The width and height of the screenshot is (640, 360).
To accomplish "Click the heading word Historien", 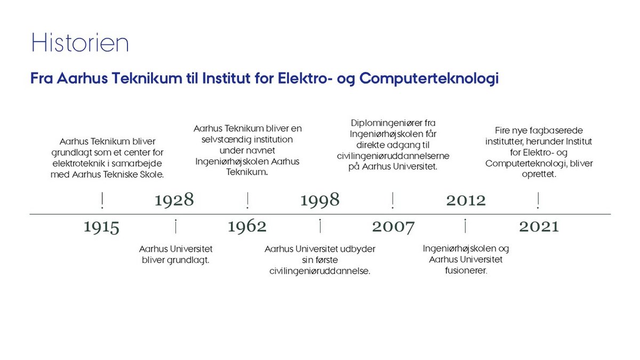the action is coord(80,43).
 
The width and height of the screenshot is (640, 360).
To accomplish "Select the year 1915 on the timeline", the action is coord(101,227).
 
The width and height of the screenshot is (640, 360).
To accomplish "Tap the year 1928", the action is coord(174,199).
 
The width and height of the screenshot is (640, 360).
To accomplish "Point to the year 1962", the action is coord(247,227).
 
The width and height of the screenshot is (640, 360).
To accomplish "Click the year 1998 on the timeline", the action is coord(320,199).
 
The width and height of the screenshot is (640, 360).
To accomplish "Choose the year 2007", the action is coord(393,227).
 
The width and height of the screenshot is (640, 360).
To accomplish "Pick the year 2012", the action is coord(466,201).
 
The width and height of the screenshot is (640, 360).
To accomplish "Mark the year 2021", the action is coord(539,227).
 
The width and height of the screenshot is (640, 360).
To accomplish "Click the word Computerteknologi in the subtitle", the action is coord(429,78).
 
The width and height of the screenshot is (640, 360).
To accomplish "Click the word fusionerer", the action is coord(466,270).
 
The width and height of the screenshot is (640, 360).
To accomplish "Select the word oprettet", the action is coord(539,174).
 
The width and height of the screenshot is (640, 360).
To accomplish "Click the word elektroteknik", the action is coord(78,163).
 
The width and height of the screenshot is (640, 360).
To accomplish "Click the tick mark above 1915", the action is coord(102,201).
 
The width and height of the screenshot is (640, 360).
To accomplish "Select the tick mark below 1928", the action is coord(175,226).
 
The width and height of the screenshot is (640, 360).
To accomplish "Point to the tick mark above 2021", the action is coord(538,201).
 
